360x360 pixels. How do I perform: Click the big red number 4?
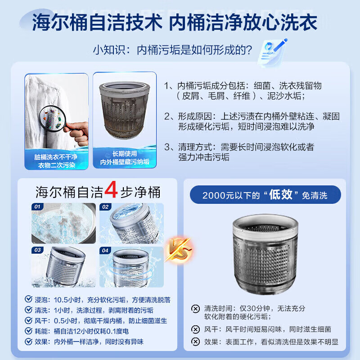tap(111, 189)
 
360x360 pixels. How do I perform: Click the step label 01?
tap(37, 207)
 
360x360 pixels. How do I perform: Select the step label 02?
tap(105, 207)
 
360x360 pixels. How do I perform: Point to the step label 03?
tap(37, 250)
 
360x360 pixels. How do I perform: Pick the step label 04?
tap(105, 251)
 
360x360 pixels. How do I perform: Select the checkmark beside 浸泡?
tap(28, 299)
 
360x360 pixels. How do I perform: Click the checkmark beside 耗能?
tap(28, 331)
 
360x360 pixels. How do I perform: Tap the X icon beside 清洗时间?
tap(195, 309)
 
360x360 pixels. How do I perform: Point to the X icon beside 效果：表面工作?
tap(195, 342)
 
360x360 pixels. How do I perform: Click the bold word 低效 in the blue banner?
tap(280, 195)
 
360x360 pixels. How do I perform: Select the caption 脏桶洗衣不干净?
tap(56, 157)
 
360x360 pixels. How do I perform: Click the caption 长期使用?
tap(125, 153)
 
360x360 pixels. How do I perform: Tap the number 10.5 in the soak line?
tap(61, 300)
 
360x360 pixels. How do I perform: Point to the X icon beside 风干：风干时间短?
tap(195, 329)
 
